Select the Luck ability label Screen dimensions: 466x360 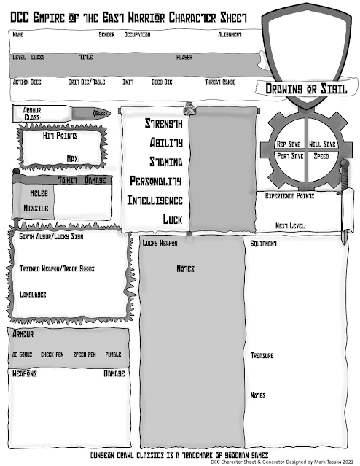pyautogui.click(x=172, y=218)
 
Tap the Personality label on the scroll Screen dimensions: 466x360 pyautogui.click(x=155, y=179)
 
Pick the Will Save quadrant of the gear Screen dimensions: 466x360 pyautogui.click(x=321, y=144)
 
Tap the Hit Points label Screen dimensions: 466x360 pyautogui.click(x=59, y=136)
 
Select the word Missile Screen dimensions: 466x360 pyautogui.click(x=36, y=208)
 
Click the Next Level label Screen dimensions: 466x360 pyautogui.click(x=290, y=225)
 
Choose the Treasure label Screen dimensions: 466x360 pyautogui.click(x=262, y=355)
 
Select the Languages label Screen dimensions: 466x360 pyautogui.click(x=33, y=295)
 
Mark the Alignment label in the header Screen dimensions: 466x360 pyautogui.click(x=230, y=35)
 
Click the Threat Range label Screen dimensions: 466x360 pyautogui.click(x=219, y=82)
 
